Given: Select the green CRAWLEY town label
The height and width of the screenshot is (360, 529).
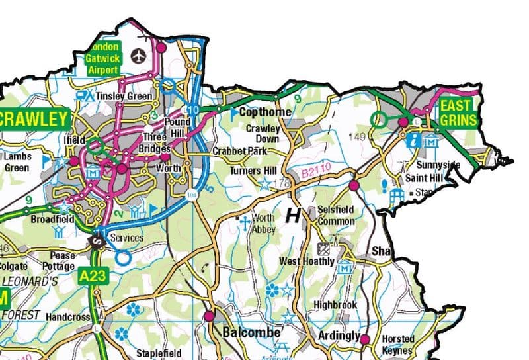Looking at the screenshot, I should pos(34,120).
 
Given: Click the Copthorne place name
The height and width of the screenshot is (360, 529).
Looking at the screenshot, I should pos(265,112).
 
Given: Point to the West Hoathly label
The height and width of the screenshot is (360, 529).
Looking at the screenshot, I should pos(307,261).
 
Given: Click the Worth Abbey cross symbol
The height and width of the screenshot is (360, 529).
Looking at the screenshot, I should pos(243,220).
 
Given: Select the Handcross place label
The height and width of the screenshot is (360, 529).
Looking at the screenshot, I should pos(67,317).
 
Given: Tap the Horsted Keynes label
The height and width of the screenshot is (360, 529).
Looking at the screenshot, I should pos(397,344).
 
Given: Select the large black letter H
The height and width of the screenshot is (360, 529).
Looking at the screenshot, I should pos(293,215).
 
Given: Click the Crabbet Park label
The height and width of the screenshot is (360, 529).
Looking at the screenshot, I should pos(239,151).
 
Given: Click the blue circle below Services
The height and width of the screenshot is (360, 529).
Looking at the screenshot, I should pos(123,258).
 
